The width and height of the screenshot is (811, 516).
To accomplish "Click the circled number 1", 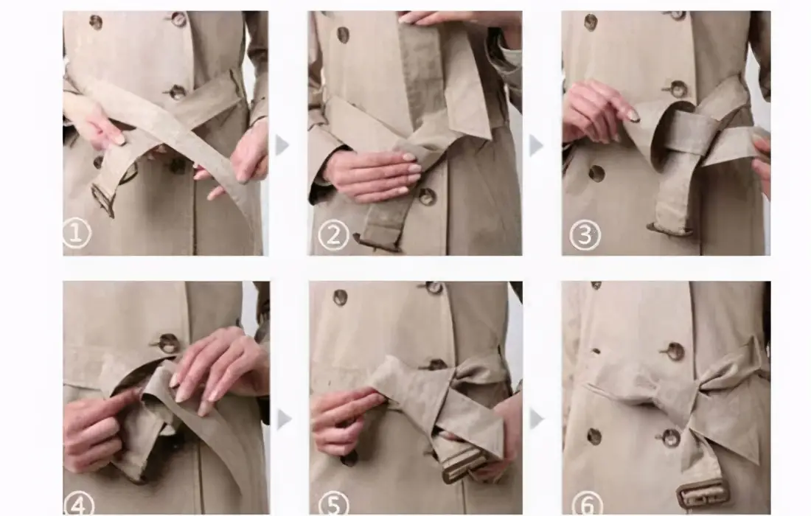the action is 77,233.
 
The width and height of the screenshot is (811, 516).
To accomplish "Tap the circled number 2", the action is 333,235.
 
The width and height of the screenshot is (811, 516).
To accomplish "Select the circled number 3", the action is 585,234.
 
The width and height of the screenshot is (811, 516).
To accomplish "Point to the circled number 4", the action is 79,503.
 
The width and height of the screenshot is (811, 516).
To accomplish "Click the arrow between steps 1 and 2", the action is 282,145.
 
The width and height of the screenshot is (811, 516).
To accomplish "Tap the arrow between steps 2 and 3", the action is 536,145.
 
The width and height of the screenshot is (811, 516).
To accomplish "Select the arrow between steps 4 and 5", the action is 283,419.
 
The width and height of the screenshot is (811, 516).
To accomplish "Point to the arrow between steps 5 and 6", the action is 537,419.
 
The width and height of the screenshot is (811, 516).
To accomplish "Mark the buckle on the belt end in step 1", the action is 103,200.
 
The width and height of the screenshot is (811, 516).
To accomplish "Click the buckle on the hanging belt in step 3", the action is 669,229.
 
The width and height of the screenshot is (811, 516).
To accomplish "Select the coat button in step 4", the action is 168,344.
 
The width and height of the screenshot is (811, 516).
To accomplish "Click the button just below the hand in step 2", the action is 427,197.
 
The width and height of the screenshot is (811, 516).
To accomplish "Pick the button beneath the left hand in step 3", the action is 596,173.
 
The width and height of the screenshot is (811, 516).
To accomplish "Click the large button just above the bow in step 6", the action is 675,352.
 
